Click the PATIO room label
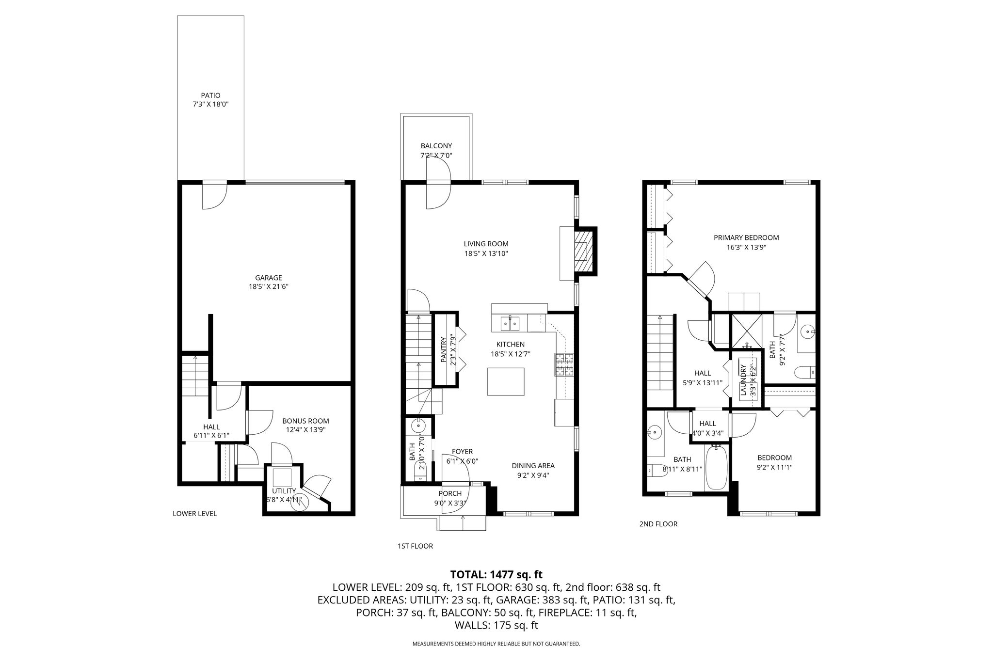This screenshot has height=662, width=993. click(210, 95)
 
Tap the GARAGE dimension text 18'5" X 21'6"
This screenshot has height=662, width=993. click(269, 286)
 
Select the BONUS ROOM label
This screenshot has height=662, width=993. click(305, 421)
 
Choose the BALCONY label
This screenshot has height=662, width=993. click(436, 145)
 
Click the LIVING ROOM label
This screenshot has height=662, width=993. click(486, 244)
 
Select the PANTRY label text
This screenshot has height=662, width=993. click(443, 350)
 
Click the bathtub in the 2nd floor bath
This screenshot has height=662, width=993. click(716, 468)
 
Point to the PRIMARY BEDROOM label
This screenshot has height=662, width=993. click(746, 237)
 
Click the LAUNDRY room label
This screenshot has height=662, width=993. click(742, 378)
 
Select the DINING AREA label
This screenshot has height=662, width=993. click(533, 466)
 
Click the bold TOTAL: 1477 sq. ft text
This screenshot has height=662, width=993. click(496, 575)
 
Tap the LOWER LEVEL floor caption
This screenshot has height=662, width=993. click(194, 514)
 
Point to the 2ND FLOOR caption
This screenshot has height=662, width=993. click(658, 524)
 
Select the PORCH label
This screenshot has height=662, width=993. click(450, 494)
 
